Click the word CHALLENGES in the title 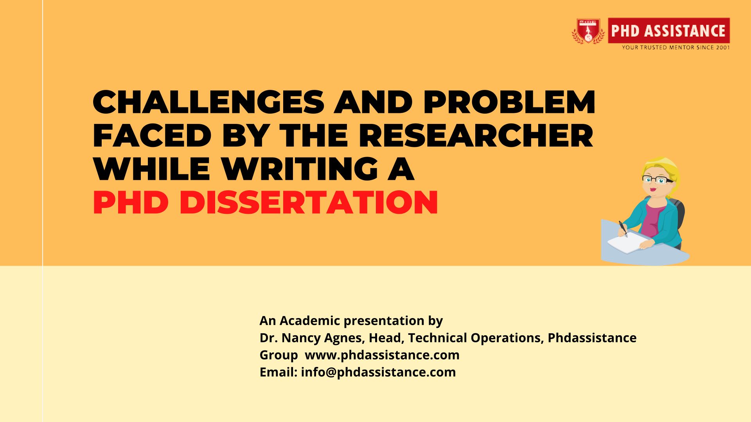(x=208, y=102)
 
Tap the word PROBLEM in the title (x=509, y=102)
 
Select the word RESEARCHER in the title (x=476, y=136)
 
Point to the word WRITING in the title (x=300, y=169)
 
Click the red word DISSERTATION (x=309, y=203)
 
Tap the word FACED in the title (x=152, y=136)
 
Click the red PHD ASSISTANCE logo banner (x=669, y=30)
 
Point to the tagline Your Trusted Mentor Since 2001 (x=676, y=48)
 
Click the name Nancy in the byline (x=301, y=338)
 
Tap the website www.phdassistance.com (x=382, y=355)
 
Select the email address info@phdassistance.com (x=378, y=372)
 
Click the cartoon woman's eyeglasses (x=657, y=180)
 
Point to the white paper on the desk (x=628, y=242)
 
